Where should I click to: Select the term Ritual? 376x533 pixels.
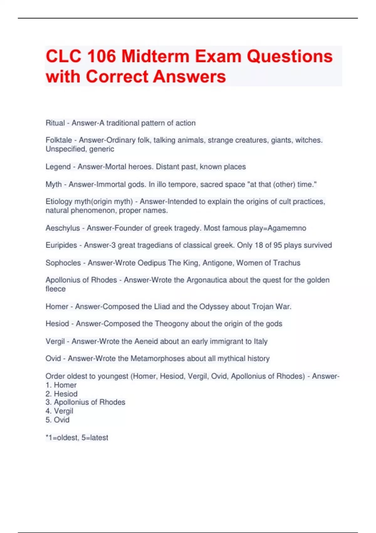point(55,123)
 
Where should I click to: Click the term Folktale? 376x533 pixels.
point(59,140)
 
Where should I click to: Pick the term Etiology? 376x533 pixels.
point(59,201)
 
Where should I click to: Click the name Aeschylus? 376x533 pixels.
point(63,228)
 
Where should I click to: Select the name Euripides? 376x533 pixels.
point(61,245)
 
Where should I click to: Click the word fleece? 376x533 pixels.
point(55,289)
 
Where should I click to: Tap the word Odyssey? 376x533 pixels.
point(213,306)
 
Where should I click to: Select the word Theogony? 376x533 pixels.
point(171,324)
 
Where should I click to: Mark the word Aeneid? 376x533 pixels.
point(146,341)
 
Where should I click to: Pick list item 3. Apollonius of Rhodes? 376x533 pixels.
point(85,402)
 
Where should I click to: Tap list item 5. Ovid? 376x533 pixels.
point(57,420)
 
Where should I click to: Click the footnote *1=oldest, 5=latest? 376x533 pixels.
point(77,437)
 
